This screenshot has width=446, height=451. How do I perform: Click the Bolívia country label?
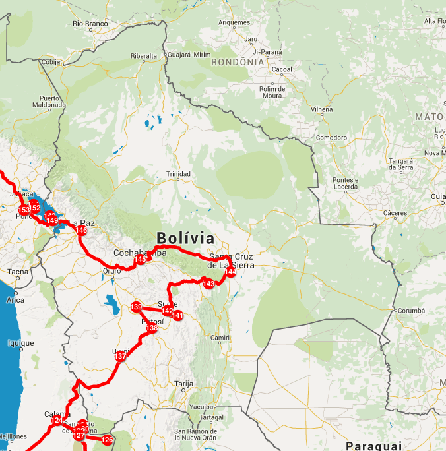tap(185, 238)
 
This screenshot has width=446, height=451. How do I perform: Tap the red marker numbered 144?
tap(230, 272)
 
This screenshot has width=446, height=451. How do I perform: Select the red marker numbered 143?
tap(208, 284)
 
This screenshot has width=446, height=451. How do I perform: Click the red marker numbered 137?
tap(120, 356)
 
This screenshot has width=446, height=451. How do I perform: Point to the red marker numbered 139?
tap(136, 307)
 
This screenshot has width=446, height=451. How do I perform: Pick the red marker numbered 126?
tap(107, 440)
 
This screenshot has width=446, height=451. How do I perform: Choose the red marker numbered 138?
tap(152, 328)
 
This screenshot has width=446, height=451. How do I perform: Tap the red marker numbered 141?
tap(177, 315)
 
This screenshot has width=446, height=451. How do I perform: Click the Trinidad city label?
tap(178, 174)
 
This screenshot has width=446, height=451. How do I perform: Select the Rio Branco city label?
tap(90, 24)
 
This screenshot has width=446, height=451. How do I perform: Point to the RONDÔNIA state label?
tap(238, 62)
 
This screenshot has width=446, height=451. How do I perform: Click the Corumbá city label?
tap(410, 310)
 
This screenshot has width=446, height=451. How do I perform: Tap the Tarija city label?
tap(183, 383)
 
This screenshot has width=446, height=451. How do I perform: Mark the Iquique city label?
tap(20, 343)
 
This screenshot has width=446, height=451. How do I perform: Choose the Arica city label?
tap(15, 300)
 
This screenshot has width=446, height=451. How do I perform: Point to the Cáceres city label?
tap(395, 213)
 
